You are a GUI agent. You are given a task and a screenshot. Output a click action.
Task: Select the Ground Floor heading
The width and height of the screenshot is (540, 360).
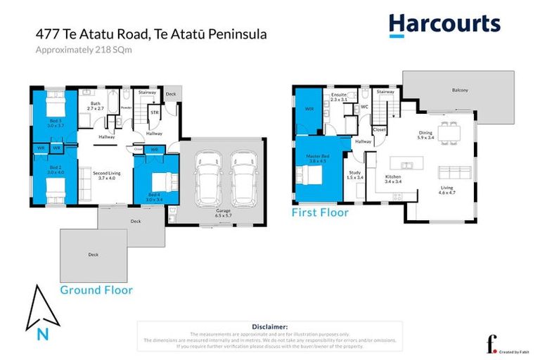96,289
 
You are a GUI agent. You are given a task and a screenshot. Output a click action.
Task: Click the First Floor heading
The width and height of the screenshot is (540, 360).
320,212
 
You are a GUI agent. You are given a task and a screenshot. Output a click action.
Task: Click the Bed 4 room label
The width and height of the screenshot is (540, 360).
155,197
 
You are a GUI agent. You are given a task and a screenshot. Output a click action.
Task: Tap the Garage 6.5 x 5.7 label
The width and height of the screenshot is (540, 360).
224,212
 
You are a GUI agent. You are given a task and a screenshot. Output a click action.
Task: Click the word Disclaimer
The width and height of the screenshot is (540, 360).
269,327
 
